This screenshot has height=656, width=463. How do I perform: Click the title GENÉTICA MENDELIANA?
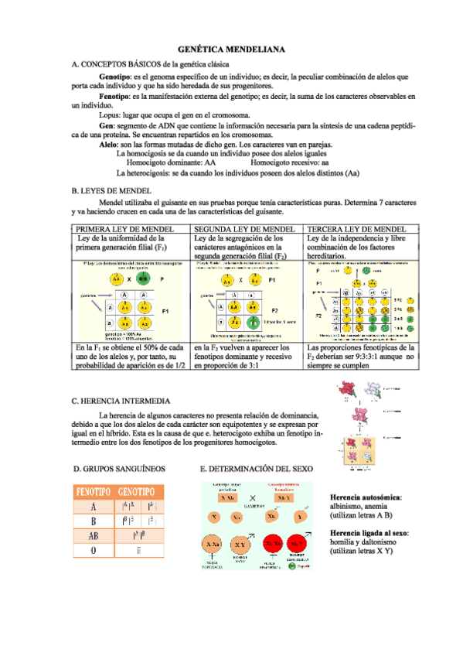231,49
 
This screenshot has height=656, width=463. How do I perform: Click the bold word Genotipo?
115,77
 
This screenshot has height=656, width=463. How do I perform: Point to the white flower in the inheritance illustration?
375,390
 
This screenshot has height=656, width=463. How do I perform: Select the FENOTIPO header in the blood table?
94,492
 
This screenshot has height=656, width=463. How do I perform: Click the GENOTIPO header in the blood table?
141,492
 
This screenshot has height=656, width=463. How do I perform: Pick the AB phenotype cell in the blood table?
94,535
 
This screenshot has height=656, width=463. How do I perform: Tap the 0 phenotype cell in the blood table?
94,550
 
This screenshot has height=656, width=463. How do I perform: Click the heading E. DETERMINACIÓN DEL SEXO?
256,469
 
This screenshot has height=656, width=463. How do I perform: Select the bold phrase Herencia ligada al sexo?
369,534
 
